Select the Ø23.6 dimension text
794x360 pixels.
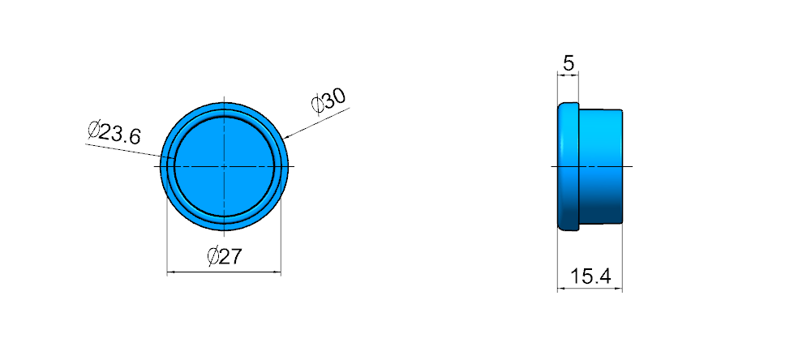click(114, 133)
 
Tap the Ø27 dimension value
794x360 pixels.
click(225, 257)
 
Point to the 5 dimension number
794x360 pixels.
click(569, 64)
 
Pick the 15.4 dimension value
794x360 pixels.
click(590, 277)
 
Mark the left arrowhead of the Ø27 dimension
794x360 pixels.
click(170, 273)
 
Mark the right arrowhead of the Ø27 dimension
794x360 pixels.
click(277, 273)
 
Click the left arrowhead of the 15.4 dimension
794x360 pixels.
click(561, 289)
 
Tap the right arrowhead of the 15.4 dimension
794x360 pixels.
click(618, 289)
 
